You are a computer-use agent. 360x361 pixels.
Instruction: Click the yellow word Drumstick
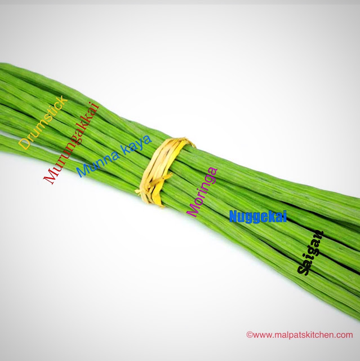click(x=43, y=123)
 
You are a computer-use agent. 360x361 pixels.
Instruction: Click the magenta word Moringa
click(x=202, y=192)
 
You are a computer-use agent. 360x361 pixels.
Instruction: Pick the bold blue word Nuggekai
click(x=257, y=216)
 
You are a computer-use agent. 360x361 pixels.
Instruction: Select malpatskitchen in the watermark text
click(x=306, y=335)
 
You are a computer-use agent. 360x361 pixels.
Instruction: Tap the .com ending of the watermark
click(x=345, y=335)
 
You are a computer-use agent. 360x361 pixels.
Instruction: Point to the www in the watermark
click(x=261, y=335)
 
